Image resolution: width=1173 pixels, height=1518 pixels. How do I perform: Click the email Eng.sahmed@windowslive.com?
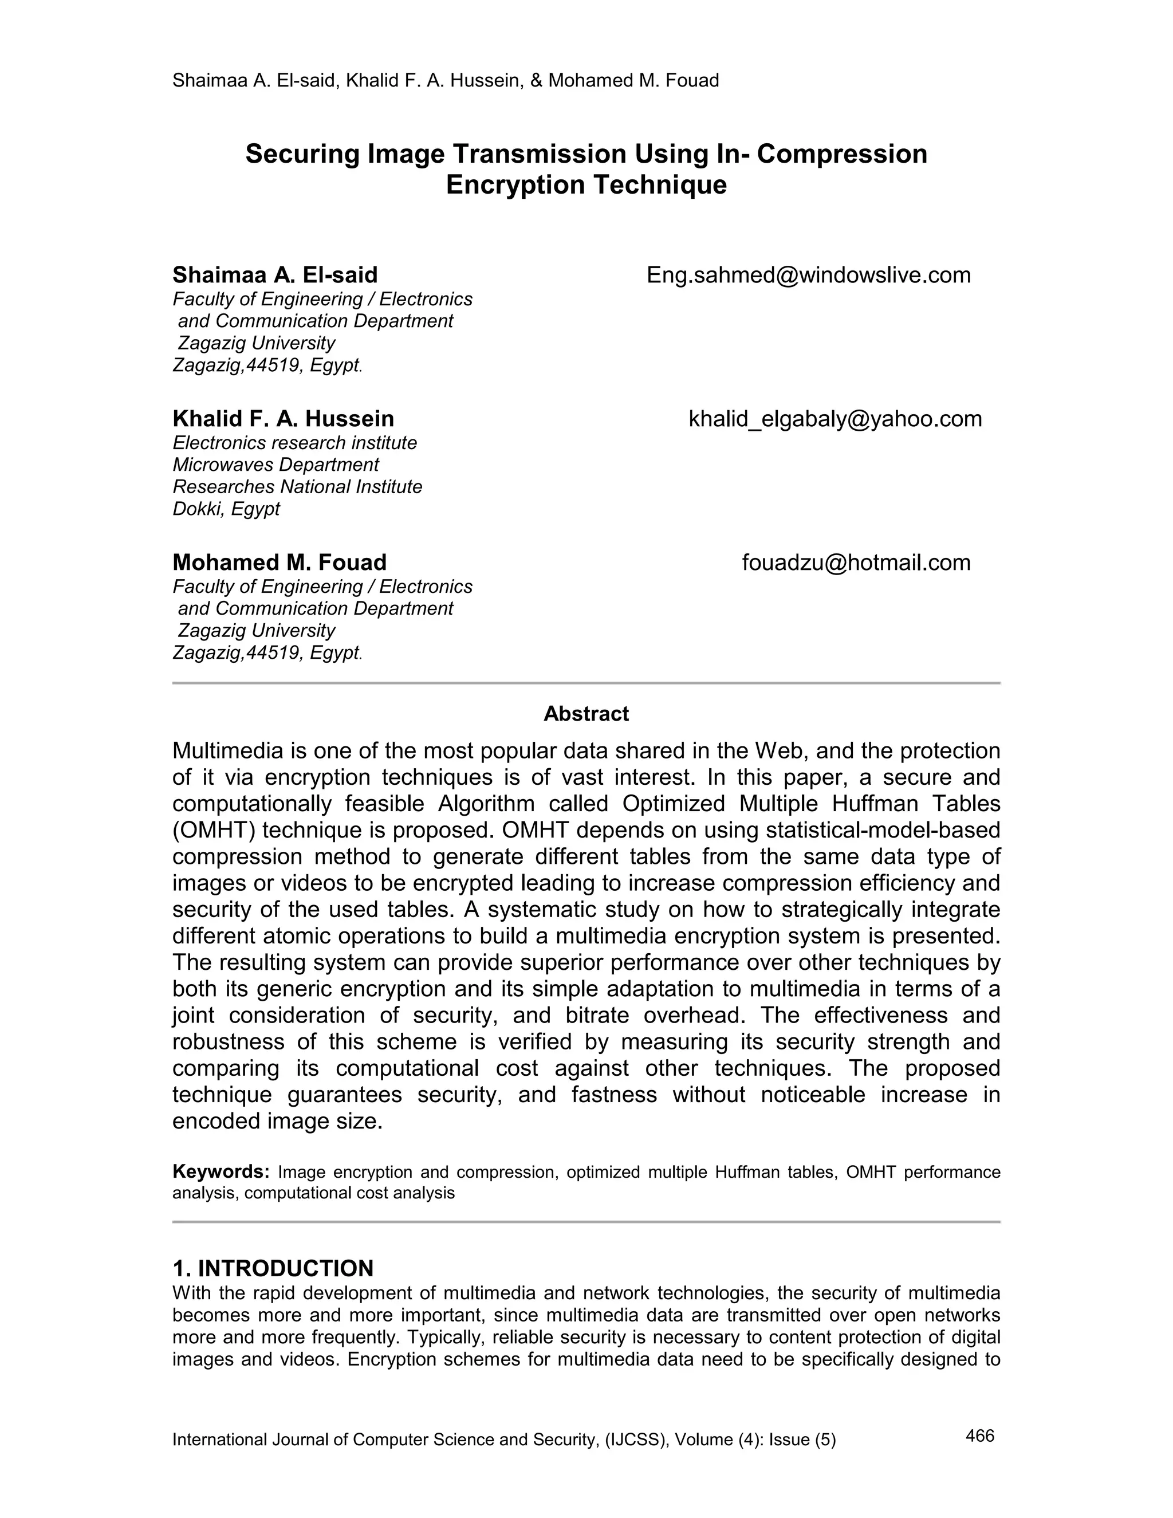coord(808,275)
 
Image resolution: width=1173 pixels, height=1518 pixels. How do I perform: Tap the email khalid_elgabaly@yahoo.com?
coord(835,419)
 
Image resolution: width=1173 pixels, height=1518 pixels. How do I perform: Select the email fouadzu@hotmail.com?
coord(856,563)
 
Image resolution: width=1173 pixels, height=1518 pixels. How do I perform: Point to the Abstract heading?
coord(586,714)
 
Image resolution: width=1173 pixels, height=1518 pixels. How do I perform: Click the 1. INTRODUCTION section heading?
coord(273,1268)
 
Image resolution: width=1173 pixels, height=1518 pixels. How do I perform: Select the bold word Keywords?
coord(221,1172)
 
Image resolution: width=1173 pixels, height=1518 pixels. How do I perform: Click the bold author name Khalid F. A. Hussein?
coord(283,419)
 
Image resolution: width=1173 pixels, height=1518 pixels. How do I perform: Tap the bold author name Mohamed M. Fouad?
coord(280,563)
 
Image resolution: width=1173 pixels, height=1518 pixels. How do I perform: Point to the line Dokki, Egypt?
coord(226,509)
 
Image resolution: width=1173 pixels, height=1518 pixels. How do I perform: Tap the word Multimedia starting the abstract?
coord(229,752)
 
